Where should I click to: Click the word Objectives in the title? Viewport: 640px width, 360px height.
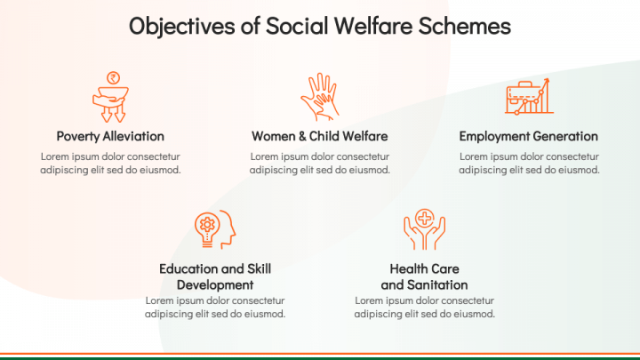182,26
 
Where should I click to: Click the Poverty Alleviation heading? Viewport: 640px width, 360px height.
110,136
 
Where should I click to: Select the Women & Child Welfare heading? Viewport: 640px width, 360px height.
320,136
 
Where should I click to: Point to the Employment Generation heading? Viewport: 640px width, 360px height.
529,136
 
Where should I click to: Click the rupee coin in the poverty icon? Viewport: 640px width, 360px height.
113,77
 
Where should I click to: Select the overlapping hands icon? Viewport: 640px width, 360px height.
320,97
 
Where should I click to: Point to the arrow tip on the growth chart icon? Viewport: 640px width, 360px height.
548,80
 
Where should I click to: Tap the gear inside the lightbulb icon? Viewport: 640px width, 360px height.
207,224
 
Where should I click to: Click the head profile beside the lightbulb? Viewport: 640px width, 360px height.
228,229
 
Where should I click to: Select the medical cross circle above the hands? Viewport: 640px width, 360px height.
425,218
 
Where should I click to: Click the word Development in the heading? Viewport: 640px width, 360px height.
215,285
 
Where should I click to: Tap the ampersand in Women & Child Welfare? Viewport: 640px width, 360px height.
302,136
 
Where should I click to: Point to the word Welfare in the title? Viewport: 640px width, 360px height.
373,26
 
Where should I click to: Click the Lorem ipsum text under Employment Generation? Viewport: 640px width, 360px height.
529,163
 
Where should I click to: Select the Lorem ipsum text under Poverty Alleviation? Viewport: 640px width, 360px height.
110,163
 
